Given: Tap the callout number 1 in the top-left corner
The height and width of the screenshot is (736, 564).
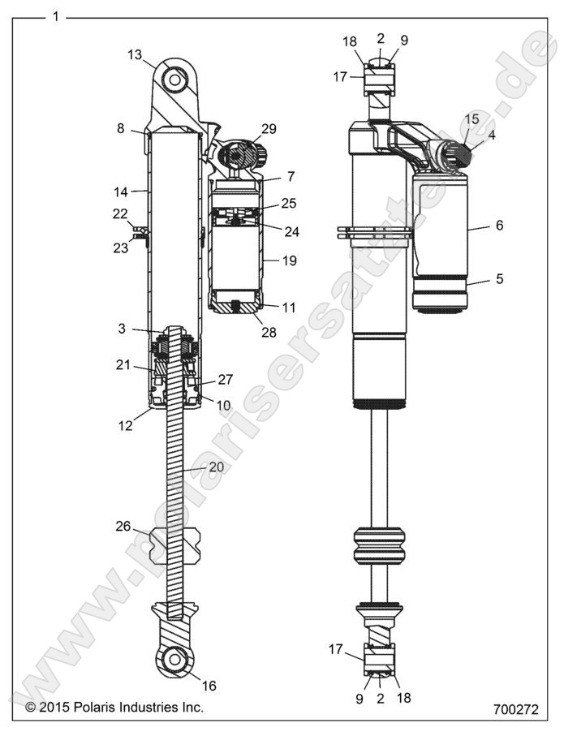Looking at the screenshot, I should click(54, 15).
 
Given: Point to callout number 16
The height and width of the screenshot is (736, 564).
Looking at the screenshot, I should click(209, 687).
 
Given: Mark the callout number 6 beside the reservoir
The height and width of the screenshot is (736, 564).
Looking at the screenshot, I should click(499, 226).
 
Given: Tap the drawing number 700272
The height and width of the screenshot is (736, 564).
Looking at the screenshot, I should click(515, 708).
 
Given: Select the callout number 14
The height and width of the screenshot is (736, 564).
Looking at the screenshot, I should click(120, 192).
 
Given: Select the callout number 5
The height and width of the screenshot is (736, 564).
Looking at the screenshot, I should click(499, 278).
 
